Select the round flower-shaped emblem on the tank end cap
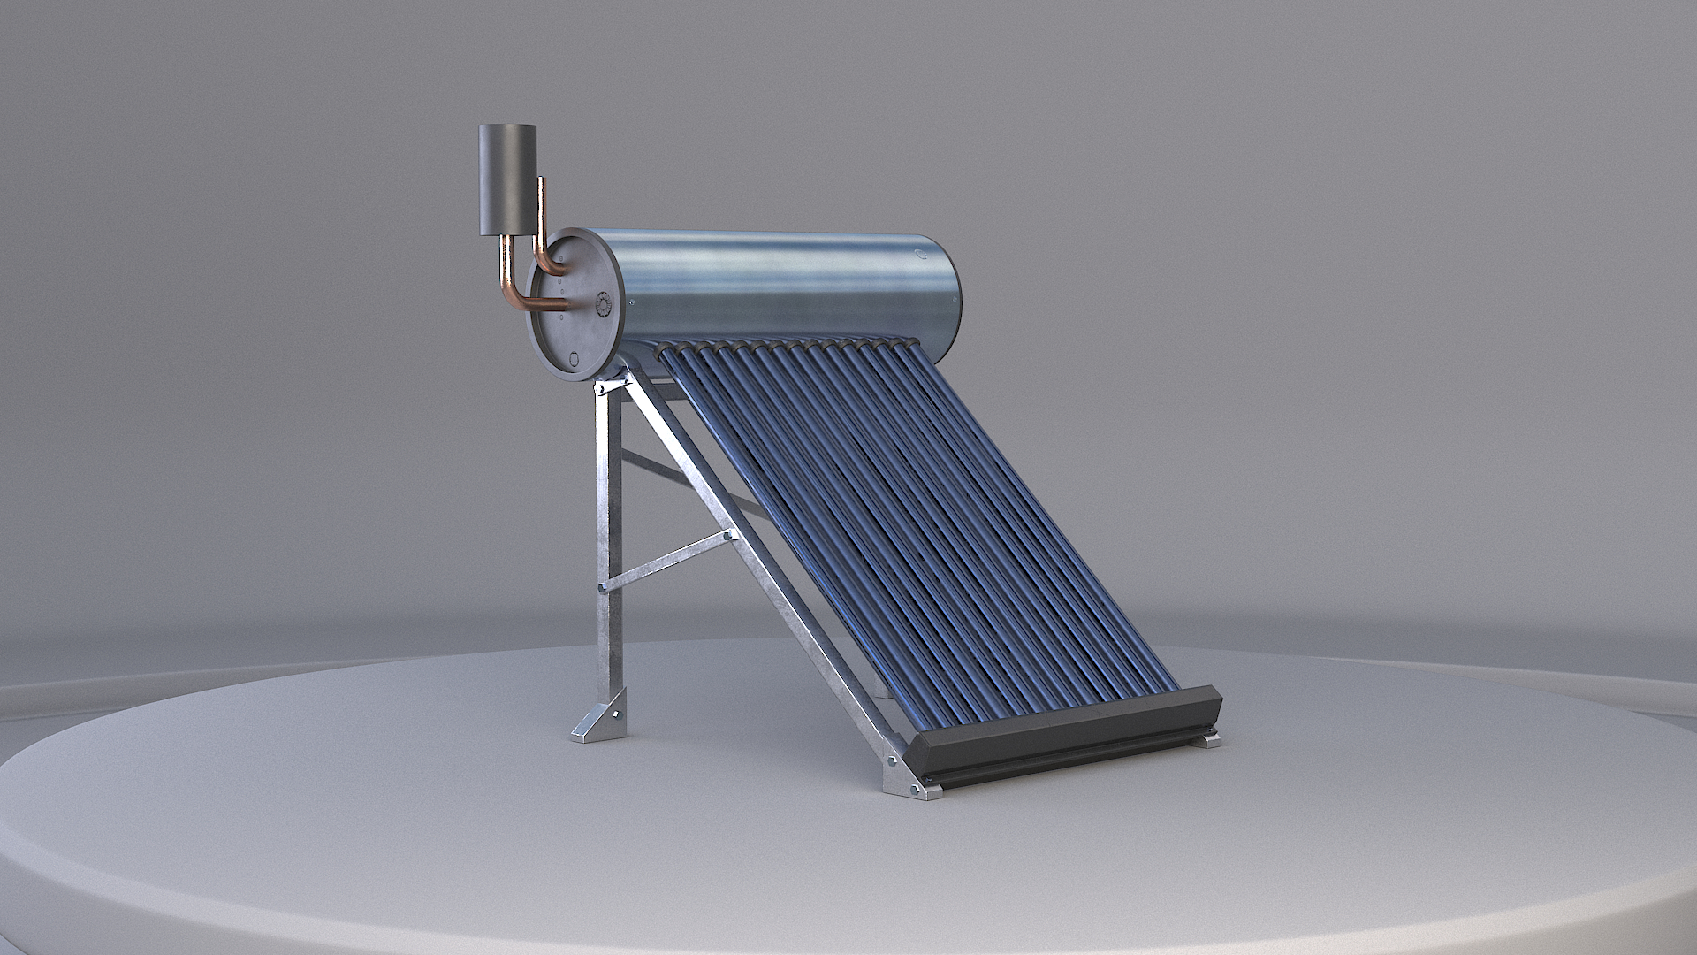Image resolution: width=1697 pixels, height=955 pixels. pyautogui.click(x=605, y=304)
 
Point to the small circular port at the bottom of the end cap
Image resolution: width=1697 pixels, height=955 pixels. pyautogui.click(x=574, y=359)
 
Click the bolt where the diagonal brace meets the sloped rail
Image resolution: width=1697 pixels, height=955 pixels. pyautogui.click(x=727, y=535)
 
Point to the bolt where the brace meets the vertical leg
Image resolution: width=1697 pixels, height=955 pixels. pyautogui.click(x=603, y=585)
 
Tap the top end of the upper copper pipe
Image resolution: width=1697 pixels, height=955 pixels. pyautogui.click(x=542, y=180)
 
